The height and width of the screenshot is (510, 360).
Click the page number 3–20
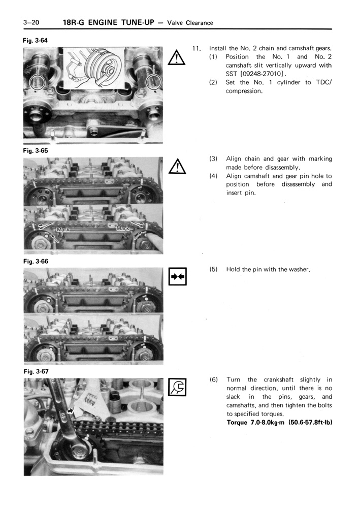point(31,22)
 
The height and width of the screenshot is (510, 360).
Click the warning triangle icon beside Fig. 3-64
point(177,58)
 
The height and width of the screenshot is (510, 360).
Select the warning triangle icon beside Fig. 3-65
point(177,167)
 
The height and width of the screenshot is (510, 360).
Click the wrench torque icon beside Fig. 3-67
point(177,388)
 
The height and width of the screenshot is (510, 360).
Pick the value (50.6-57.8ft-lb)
point(303,422)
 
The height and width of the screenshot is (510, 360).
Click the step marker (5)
point(214,269)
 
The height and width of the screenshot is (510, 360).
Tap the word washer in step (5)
point(298,269)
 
